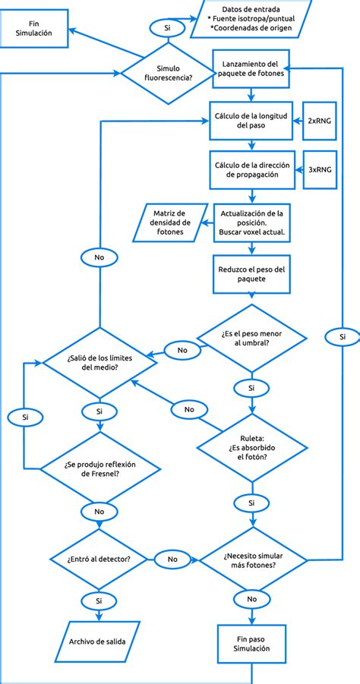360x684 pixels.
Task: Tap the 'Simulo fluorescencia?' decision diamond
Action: pyautogui.click(x=169, y=72)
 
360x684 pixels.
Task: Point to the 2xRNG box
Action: pyautogui.click(x=318, y=121)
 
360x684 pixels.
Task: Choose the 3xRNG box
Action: pyautogui.click(x=318, y=170)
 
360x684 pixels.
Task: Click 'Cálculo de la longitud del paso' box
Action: pyautogui.click(x=251, y=121)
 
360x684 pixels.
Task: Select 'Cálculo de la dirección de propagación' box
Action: pyautogui.click(x=251, y=170)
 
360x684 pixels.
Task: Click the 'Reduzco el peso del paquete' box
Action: pyautogui.click(x=251, y=274)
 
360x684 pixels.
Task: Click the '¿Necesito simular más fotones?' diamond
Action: pyautogui.click(x=251, y=559)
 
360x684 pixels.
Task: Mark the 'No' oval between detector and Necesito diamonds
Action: pyautogui.click(x=172, y=559)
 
